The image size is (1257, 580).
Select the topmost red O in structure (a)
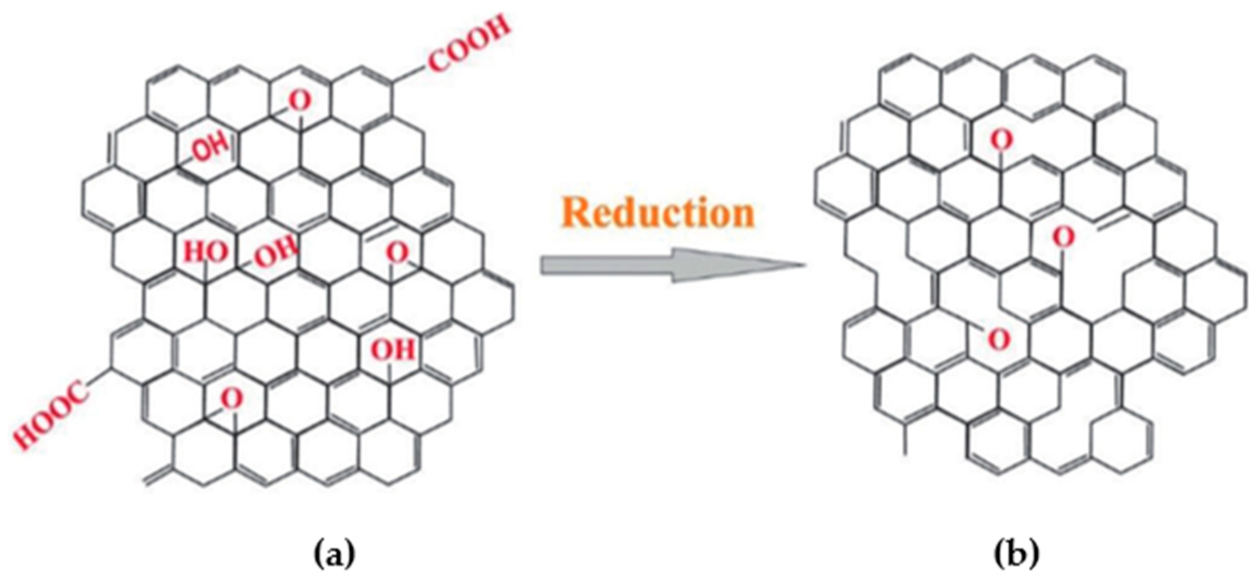coord(299,100)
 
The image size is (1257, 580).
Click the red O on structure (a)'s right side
coord(398,253)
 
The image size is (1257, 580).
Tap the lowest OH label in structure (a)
coord(394,350)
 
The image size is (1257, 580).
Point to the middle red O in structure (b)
coord(1063,237)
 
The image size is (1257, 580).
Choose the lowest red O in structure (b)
coord(999,340)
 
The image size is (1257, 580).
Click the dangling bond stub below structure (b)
coord(905,441)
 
